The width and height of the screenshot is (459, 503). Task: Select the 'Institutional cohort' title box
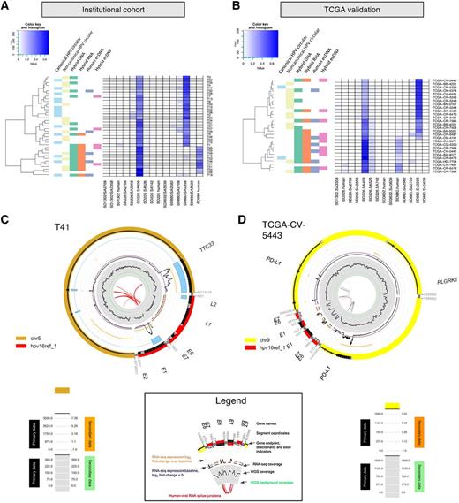[124, 15]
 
